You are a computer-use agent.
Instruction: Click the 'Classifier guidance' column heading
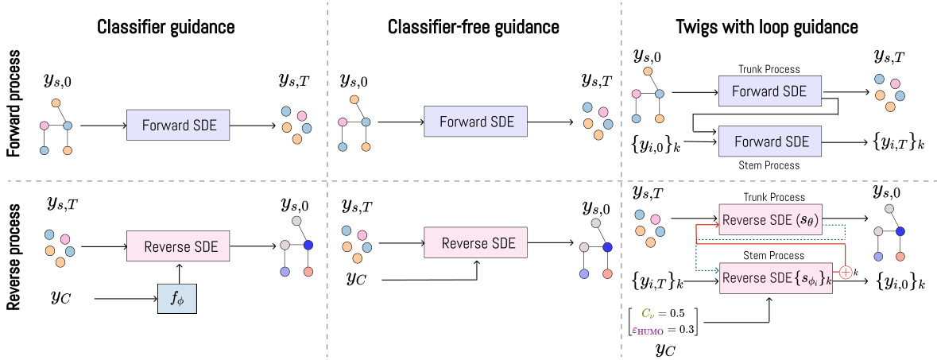coord(165,27)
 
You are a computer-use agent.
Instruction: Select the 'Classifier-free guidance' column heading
coord(473,27)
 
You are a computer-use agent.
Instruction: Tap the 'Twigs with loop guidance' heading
coord(778,27)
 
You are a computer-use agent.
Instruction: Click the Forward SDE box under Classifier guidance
coord(178,125)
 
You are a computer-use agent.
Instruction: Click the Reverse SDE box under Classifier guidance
coord(178,245)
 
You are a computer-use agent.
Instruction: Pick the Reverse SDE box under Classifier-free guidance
coord(475,242)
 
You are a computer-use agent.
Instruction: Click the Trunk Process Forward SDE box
coord(769,91)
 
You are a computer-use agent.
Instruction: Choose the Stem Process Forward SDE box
coord(769,141)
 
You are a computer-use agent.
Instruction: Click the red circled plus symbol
coord(846,272)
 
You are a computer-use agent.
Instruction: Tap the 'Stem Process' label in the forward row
coord(768,166)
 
